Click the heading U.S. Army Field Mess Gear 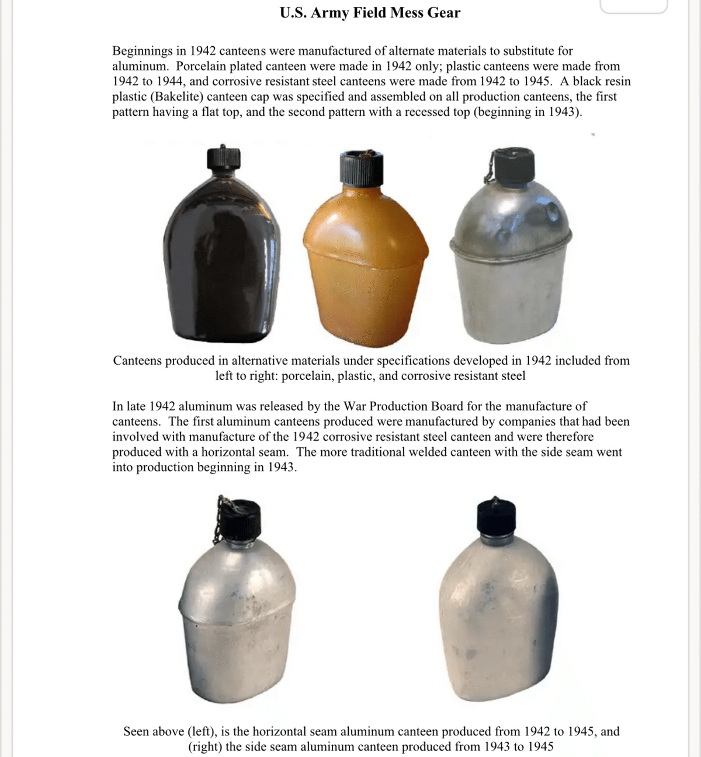[x=370, y=13]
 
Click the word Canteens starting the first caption [x=137, y=361]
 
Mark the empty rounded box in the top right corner [x=633, y=6]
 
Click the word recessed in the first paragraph [x=422, y=112]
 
